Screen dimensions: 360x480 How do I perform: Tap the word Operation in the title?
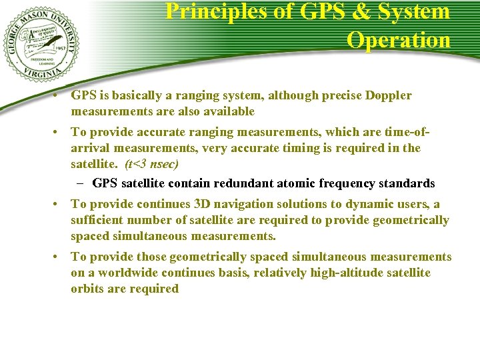pyautogui.click(x=398, y=39)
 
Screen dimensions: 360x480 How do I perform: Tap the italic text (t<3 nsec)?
pyautogui.click(x=151, y=164)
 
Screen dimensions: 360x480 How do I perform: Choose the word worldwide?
pyautogui.click(x=117, y=273)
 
